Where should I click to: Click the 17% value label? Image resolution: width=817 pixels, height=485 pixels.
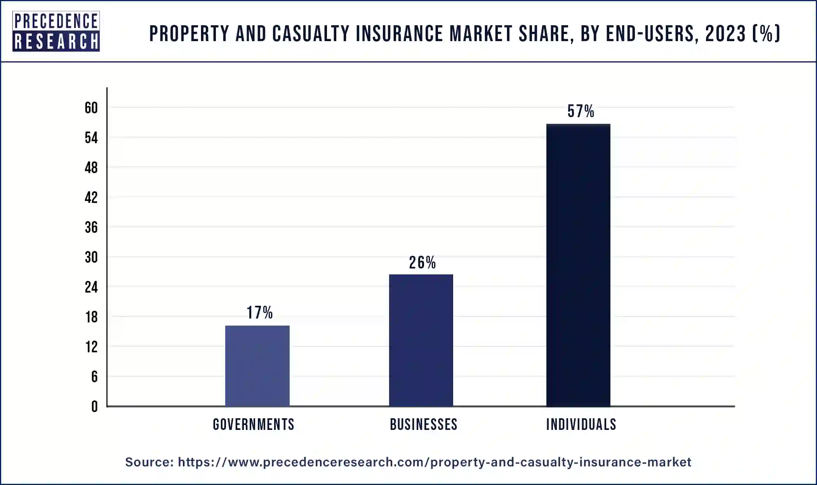pyautogui.click(x=260, y=313)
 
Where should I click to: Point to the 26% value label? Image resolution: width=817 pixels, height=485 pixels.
pyautogui.click(x=422, y=263)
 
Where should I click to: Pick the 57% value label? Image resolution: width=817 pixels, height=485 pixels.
pyautogui.click(x=581, y=111)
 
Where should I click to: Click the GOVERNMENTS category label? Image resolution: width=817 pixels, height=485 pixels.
pyautogui.click(x=254, y=424)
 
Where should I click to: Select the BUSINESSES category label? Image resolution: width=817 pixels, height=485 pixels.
pyautogui.click(x=424, y=424)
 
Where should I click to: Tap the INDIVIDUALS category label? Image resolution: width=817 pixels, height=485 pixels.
pyautogui.click(x=581, y=424)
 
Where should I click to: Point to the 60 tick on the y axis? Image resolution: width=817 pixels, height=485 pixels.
pyautogui.click(x=91, y=108)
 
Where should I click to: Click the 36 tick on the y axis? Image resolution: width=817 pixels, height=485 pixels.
pyautogui.click(x=91, y=227)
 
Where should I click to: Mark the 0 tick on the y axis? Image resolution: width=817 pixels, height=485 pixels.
pyautogui.click(x=94, y=407)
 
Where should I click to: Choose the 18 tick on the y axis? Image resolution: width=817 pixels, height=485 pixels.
pyautogui.click(x=91, y=317)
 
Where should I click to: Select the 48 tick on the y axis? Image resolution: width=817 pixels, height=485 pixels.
pyautogui.click(x=91, y=168)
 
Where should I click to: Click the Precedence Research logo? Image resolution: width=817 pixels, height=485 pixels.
pyautogui.click(x=56, y=31)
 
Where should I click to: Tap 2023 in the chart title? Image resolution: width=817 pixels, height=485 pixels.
pyautogui.click(x=725, y=33)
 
